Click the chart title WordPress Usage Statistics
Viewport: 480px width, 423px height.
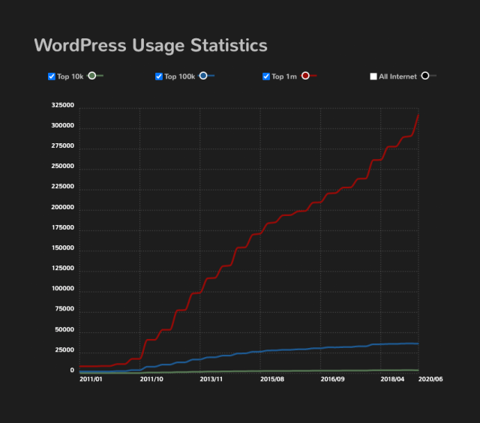pyautogui.click(x=151, y=45)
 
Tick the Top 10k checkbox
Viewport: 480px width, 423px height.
pyautogui.click(x=52, y=76)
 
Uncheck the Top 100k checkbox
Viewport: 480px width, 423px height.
pyautogui.click(x=159, y=76)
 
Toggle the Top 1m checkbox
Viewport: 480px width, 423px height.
pyautogui.click(x=266, y=76)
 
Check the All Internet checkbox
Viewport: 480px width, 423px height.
pyautogui.click(x=373, y=76)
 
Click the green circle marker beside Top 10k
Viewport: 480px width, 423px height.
pyautogui.click(x=92, y=76)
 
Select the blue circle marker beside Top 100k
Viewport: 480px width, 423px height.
pyautogui.click(x=203, y=76)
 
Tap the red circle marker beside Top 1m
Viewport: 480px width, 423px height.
pyautogui.click(x=305, y=76)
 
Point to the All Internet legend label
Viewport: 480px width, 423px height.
pyautogui.click(x=397, y=76)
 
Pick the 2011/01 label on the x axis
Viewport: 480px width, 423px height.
pyautogui.click(x=91, y=379)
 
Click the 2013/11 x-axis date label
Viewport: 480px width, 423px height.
pyautogui.click(x=211, y=379)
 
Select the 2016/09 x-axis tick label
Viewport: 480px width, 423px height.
pyautogui.click(x=332, y=379)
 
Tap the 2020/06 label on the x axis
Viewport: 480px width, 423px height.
pyautogui.click(x=431, y=379)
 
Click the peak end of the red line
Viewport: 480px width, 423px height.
pyautogui.click(x=418, y=114)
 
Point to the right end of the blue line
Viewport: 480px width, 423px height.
pyautogui.click(x=418, y=343)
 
